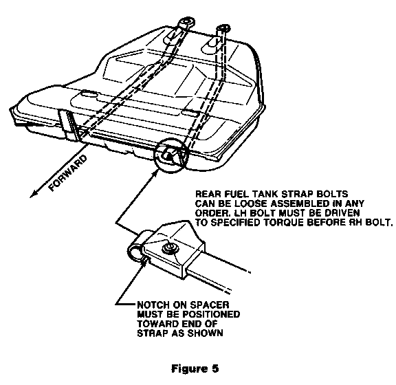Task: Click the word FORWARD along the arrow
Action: click(x=68, y=173)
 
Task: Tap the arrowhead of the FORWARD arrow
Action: click(x=33, y=194)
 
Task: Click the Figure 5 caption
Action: click(x=195, y=368)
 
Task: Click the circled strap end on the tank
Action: click(x=170, y=155)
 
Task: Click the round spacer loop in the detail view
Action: click(x=136, y=252)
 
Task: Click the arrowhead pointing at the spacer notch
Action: click(x=144, y=260)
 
